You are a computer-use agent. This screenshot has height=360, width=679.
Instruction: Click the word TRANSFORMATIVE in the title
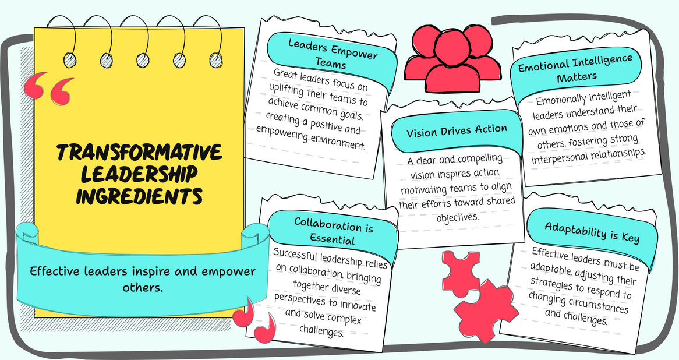pyautogui.click(x=139, y=153)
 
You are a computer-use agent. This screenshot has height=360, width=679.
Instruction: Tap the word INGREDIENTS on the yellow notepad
pyautogui.click(x=139, y=196)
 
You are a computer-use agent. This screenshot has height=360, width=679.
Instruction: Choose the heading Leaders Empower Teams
pyautogui.click(x=331, y=52)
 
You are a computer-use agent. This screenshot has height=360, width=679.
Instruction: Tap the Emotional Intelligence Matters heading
pyautogui.click(x=575, y=69)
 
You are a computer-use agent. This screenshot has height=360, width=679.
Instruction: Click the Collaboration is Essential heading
pyautogui.click(x=333, y=230)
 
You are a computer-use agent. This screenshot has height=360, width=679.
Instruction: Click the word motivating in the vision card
pyautogui.click(x=422, y=177)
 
